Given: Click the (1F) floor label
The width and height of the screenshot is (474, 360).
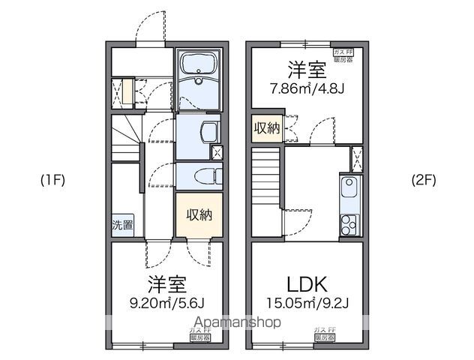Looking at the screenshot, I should pyautogui.click(x=53, y=180).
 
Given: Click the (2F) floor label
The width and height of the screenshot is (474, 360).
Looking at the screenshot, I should pyautogui.click(x=423, y=180).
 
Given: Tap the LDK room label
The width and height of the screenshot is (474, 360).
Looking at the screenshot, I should pyautogui.click(x=307, y=284).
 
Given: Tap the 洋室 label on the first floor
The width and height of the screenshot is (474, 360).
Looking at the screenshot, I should pyautogui.click(x=166, y=284).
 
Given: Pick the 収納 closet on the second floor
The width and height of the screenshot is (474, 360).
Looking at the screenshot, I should pyautogui.click(x=265, y=128).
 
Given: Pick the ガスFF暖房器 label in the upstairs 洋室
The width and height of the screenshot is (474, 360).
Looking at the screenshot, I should pyautogui.click(x=343, y=55).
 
